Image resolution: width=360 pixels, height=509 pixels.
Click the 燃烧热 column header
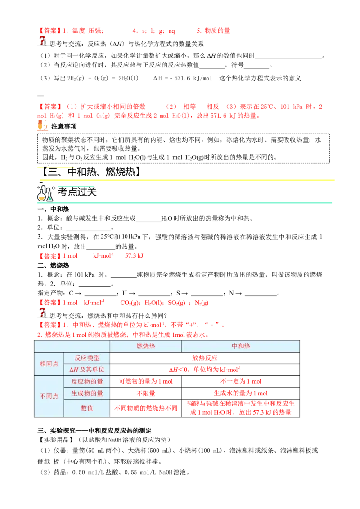pos(146,346)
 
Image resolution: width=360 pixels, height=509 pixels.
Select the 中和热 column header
pos(241,346)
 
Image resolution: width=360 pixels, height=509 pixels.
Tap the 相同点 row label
pos(49,364)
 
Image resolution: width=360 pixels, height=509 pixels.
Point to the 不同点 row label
pos(49,396)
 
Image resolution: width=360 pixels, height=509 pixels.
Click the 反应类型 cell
pos(87,358)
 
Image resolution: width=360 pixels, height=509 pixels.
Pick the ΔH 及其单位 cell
pos(87,370)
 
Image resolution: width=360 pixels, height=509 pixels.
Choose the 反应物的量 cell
pos(87,381)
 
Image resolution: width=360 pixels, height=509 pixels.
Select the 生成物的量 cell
pos(87,393)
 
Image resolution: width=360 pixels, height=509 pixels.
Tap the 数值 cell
pos(87,408)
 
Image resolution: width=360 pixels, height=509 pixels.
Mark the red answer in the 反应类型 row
pos(205,358)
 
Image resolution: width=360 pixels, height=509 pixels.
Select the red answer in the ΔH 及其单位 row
pos(205,370)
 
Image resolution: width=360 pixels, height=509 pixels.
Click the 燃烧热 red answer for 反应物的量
pos(146,381)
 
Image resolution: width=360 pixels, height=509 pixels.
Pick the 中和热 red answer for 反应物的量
pos(241,381)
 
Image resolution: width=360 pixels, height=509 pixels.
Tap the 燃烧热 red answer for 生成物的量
pos(146,393)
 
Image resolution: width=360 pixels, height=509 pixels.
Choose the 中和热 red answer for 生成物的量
pos(241,393)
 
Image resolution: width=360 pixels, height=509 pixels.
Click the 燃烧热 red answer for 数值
pos(146,408)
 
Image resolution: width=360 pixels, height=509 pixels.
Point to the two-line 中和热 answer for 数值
pos(241,407)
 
